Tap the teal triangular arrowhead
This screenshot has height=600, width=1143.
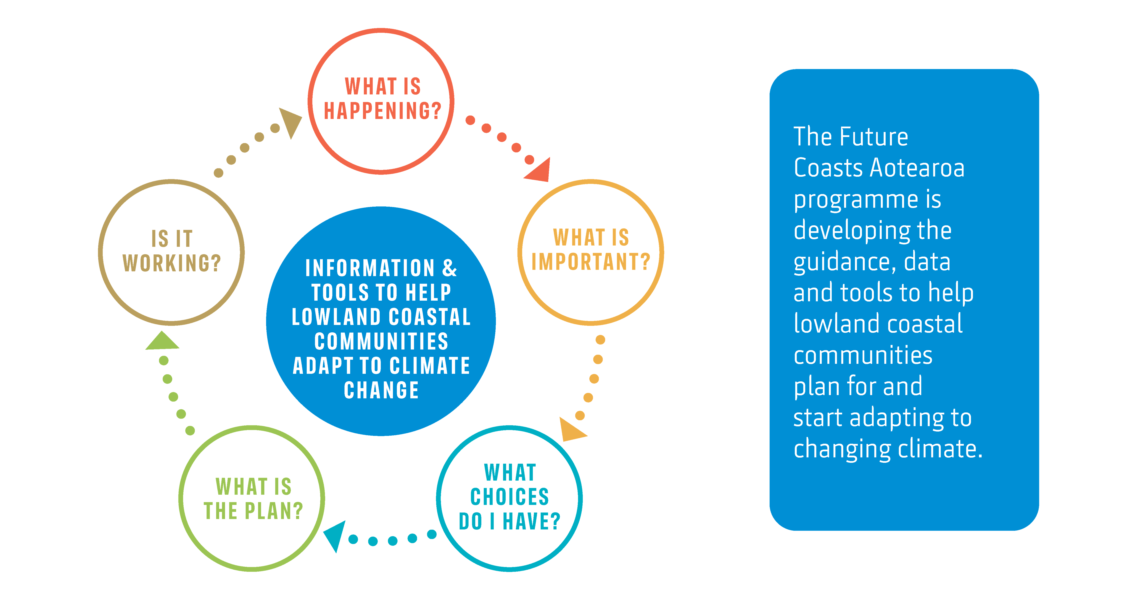(x=336, y=535)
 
